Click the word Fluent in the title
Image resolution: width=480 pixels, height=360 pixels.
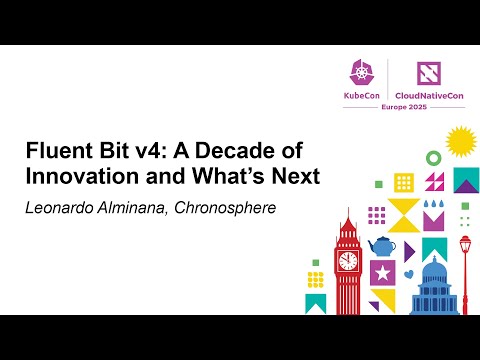tap(56, 153)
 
